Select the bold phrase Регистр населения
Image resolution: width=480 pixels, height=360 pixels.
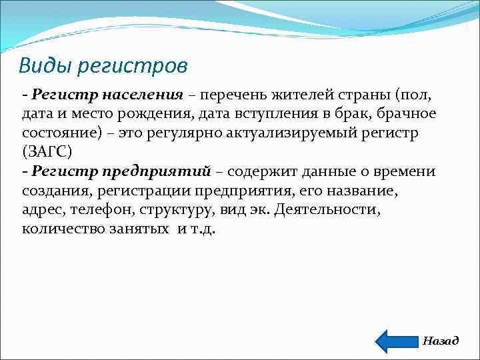pyautogui.click(x=107, y=94)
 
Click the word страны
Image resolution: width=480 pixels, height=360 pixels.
pyautogui.click(x=370, y=94)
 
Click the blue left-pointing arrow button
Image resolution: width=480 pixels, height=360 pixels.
pyautogui.click(x=397, y=341)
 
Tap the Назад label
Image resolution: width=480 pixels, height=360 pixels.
pyautogui.click(x=441, y=341)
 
